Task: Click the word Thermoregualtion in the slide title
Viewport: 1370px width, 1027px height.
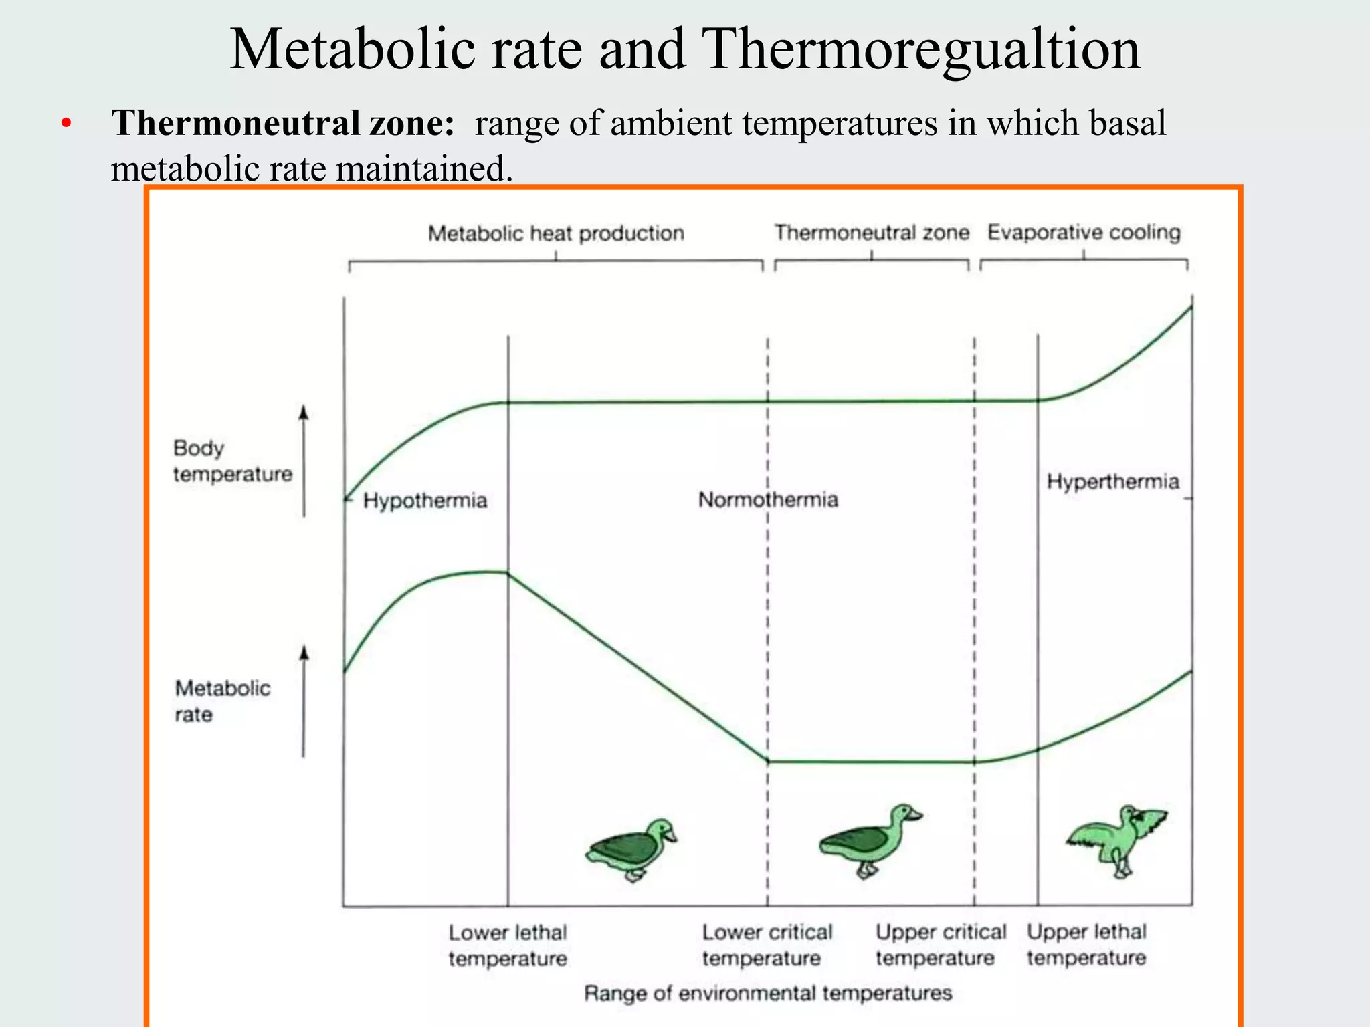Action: click(922, 51)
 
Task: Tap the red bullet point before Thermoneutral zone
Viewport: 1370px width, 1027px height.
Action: click(65, 124)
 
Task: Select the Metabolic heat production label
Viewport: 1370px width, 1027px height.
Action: click(556, 233)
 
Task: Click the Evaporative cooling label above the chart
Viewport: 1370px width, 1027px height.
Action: click(1084, 233)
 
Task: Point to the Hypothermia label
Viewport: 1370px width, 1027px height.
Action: click(425, 501)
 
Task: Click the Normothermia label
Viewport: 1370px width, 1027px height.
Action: click(768, 500)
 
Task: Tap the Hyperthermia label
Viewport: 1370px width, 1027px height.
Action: click(1112, 481)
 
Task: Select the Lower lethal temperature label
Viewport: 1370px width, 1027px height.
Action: click(508, 945)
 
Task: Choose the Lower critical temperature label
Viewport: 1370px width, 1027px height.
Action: click(767, 945)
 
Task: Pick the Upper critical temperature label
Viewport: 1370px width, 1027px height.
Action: click(941, 945)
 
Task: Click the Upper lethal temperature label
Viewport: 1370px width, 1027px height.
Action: click(1086, 945)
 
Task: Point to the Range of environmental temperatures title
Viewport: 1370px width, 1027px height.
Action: click(768, 993)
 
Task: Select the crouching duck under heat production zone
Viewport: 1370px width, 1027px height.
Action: click(631, 849)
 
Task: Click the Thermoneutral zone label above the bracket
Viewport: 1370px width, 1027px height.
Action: click(871, 233)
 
